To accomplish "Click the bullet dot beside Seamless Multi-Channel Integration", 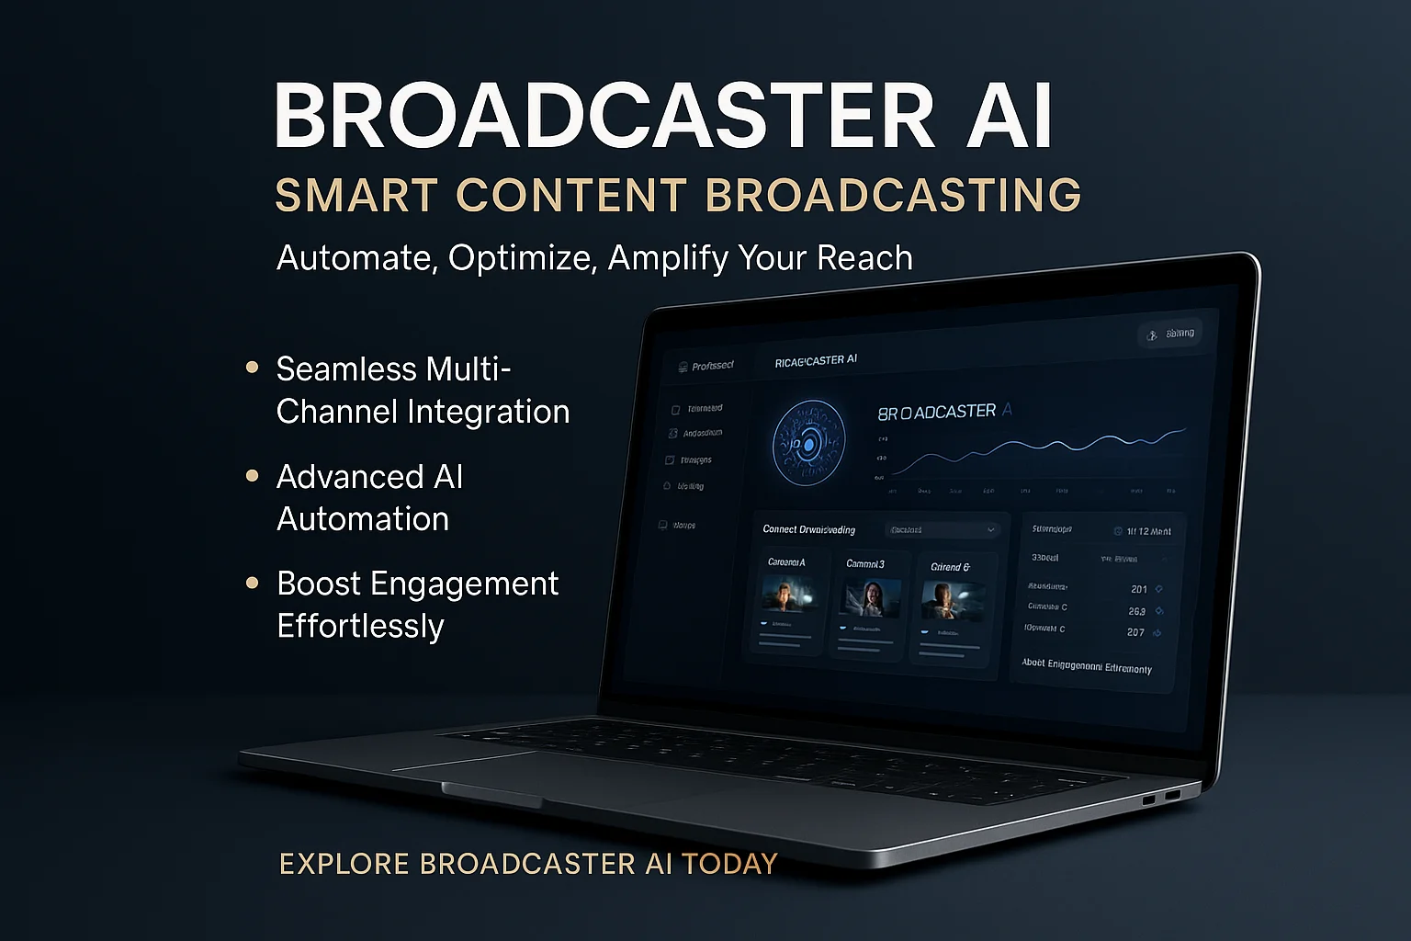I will (253, 368).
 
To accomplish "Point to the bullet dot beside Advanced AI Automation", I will (253, 475).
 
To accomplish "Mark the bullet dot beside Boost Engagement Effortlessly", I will (253, 583).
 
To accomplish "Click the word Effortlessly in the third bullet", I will (360, 626).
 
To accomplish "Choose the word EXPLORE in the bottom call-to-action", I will (344, 864).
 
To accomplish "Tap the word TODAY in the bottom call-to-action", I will (730, 864).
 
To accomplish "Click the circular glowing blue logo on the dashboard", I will (808, 444).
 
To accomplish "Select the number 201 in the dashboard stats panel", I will (1139, 589).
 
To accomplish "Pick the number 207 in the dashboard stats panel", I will (1135, 632).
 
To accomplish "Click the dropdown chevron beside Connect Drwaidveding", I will (991, 530).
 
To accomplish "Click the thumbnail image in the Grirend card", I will (951, 601).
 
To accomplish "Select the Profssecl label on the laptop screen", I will (712, 366).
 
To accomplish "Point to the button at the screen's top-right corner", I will (1170, 334).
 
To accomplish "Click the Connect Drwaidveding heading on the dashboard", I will (808, 529).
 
